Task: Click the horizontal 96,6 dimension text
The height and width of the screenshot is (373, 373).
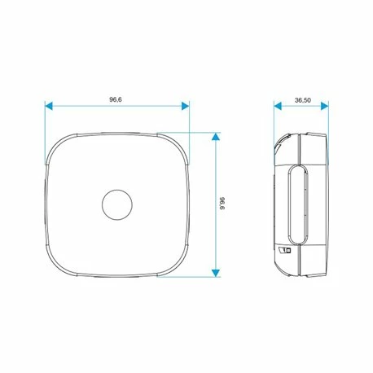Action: [x=116, y=99]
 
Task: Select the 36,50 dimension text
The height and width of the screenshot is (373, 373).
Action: [x=303, y=100]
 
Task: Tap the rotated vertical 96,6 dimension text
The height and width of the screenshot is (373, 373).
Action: [x=222, y=204]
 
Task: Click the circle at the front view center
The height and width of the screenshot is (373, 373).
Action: [x=117, y=204]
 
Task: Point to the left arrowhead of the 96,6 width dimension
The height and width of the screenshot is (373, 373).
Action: [x=49, y=106]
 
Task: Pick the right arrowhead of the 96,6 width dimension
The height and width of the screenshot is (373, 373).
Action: [x=186, y=106]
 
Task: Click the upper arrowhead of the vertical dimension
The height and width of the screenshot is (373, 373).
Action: [x=216, y=136]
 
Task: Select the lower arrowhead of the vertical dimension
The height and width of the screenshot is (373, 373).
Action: [x=216, y=273]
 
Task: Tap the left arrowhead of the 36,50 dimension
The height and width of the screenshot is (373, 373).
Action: [x=278, y=106]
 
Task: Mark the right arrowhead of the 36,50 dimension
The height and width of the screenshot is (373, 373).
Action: [x=325, y=106]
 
